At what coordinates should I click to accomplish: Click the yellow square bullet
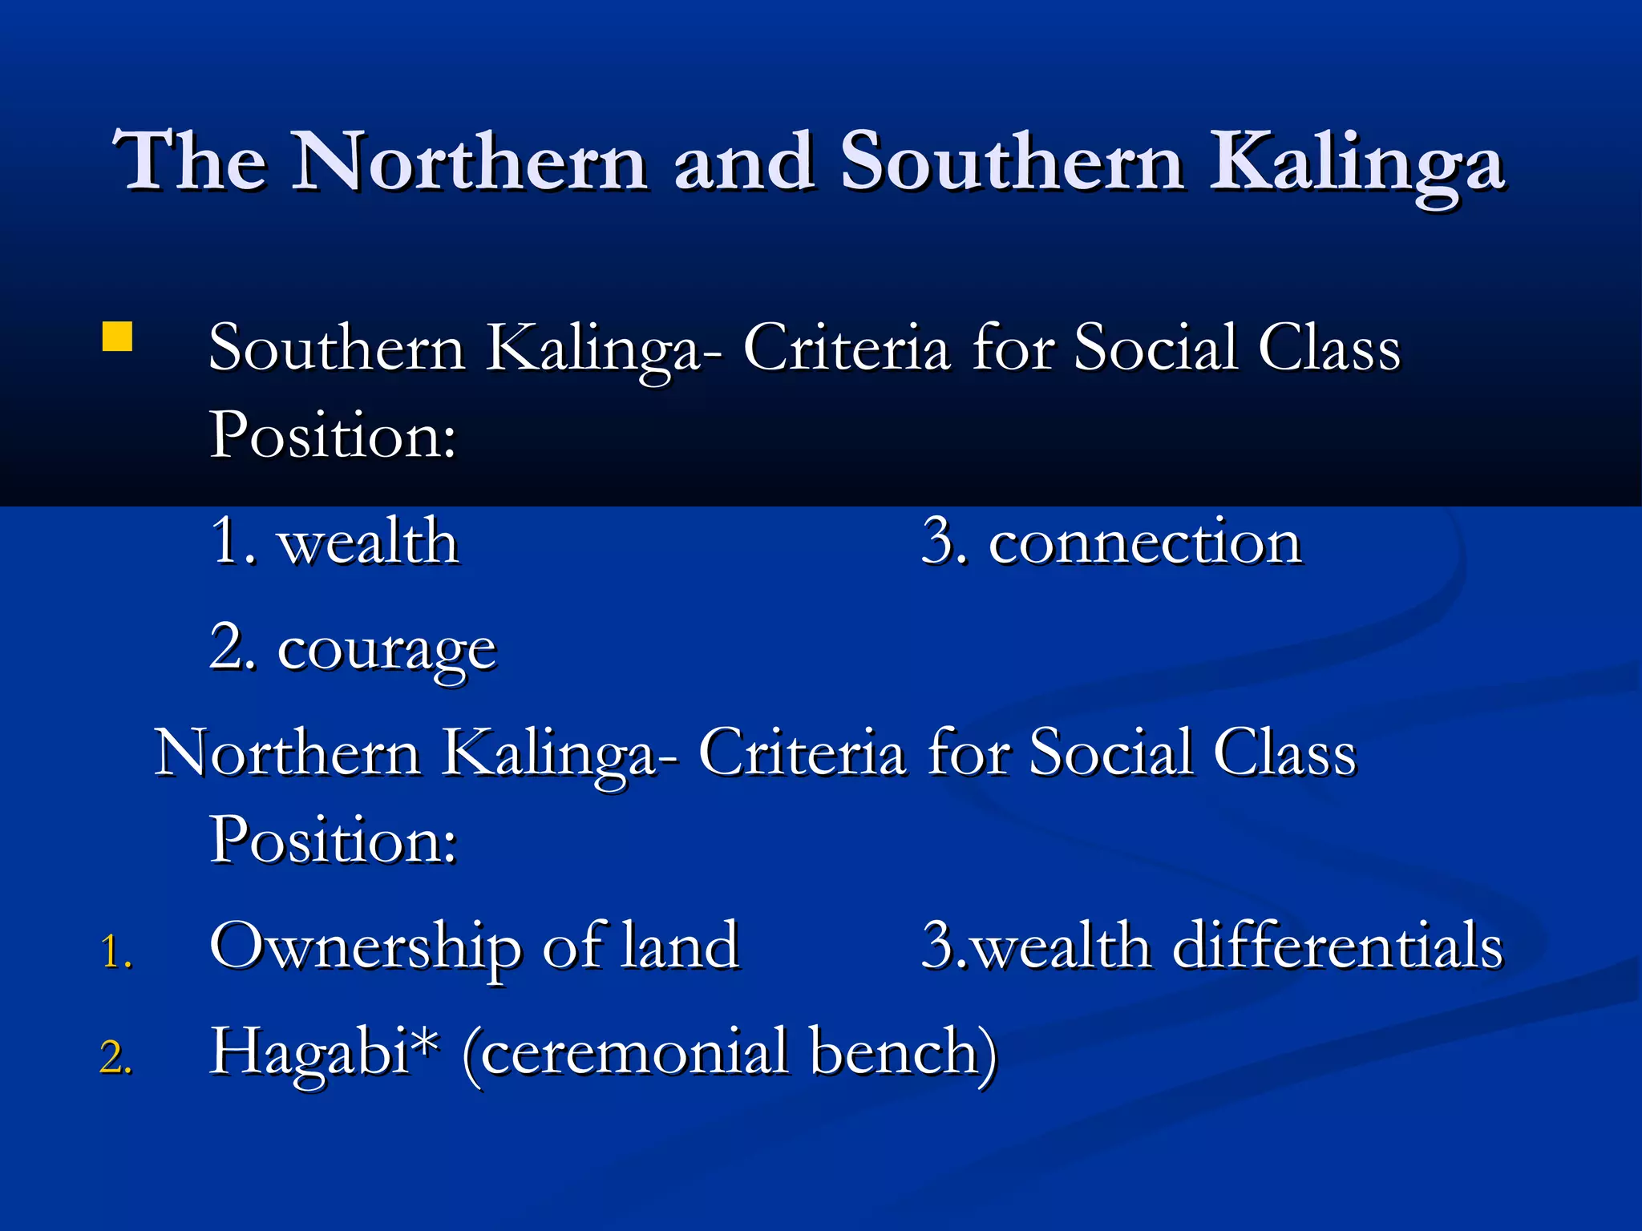pyautogui.click(x=117, y=337)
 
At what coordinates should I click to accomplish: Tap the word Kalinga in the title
pyautogui.click(x=1357, y=163)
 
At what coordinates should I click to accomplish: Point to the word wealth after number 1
pyautogui.click(x=368, y=542)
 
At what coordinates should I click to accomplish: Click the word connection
pyautogui.click(x=1145, y=542)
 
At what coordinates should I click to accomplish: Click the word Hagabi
pyautogui.click(x=309, y=1053)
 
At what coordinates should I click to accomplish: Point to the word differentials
pyautogui.click(x=1337, y=946)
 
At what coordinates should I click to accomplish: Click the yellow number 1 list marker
pyautogui.click(x=115, y=952)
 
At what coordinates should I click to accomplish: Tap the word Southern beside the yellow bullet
pyautogui.click(x=337, y=349)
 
